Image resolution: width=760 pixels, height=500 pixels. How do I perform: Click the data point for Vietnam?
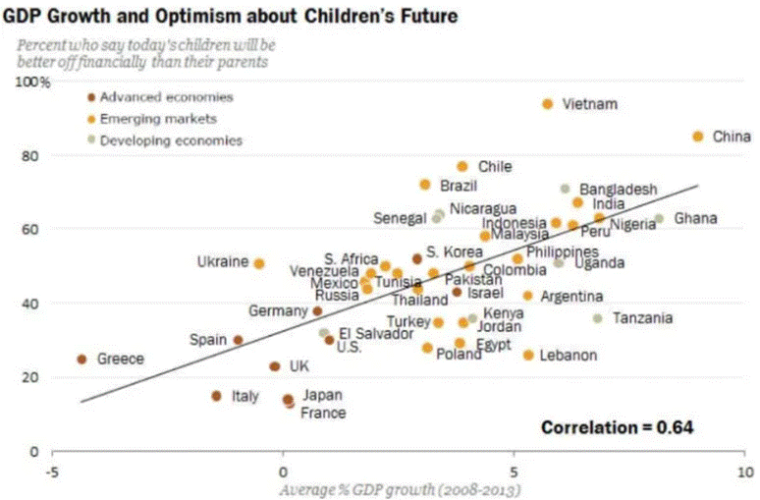(x=548, y=104)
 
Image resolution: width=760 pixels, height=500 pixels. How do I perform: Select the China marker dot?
(x=698, y=137)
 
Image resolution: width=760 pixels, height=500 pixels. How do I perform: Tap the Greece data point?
(x=81, y=360)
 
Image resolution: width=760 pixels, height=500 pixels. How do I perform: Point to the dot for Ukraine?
(x=259, y=263)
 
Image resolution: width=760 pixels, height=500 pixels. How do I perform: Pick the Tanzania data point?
(x=597, y=318)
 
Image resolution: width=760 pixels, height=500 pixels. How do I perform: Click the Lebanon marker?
(x=528, y=355)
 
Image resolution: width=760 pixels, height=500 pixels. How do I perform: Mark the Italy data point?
(x=217, y=396)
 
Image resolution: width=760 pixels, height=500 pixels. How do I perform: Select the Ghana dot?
(x=659, y=218)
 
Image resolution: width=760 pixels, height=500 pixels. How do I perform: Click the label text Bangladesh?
(x=618, y=189)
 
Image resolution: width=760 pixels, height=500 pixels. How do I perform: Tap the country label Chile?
(x=494, y=167)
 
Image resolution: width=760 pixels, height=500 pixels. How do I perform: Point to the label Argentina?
(x=571, y=296)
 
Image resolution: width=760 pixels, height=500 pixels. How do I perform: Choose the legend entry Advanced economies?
(x=166, y=97)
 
